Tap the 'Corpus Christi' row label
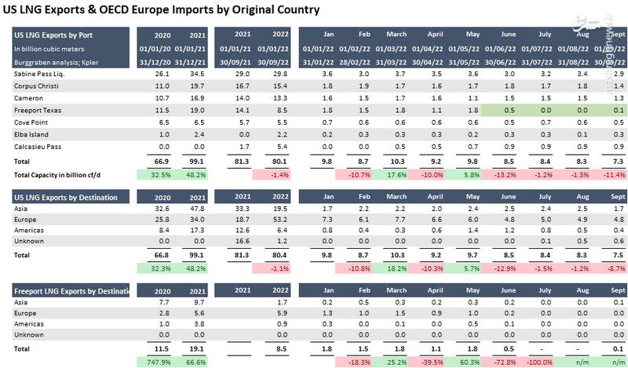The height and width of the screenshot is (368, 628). pos(37,86)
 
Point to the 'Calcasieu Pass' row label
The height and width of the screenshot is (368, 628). pos(38,147)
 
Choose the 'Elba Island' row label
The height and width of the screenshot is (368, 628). pos(33,134)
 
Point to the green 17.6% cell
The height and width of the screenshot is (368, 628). pos(396,174)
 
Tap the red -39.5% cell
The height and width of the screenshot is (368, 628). pos(432,362)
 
